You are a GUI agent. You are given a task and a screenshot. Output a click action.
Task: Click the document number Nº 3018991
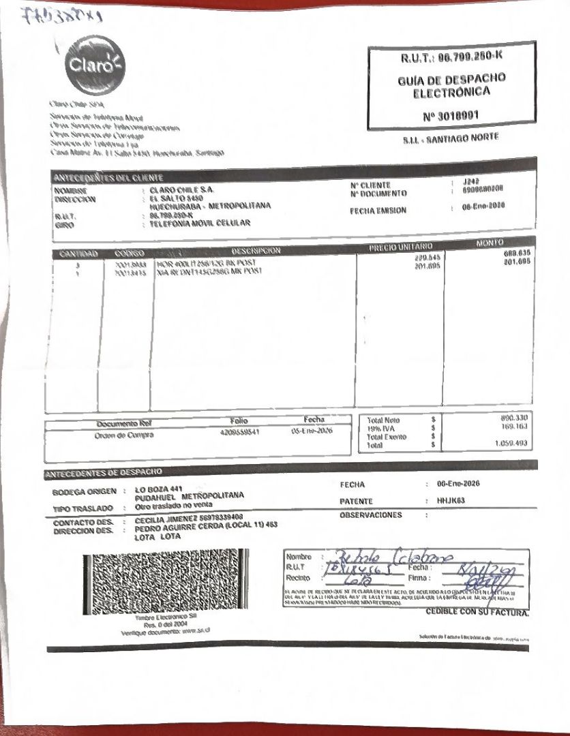point(450,116)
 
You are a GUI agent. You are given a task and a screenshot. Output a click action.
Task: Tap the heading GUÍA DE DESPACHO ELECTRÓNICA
point(451,85)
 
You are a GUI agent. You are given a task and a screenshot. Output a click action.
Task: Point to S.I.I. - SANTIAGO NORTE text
point(451,138)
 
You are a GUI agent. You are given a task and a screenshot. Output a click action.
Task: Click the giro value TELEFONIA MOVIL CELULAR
point(200,223)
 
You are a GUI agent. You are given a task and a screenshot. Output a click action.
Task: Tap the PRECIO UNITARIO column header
point(401,247)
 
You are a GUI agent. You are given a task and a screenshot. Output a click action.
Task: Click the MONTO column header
point(490,243)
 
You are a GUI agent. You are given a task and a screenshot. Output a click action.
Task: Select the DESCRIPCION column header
point(256,251)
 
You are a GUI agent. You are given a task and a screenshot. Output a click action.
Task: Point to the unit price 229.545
point(428,258)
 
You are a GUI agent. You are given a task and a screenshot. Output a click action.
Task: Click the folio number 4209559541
point(239,432)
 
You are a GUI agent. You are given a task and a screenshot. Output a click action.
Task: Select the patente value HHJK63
point(450,500)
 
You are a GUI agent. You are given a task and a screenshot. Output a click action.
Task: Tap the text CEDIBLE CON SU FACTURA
point(477,612)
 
